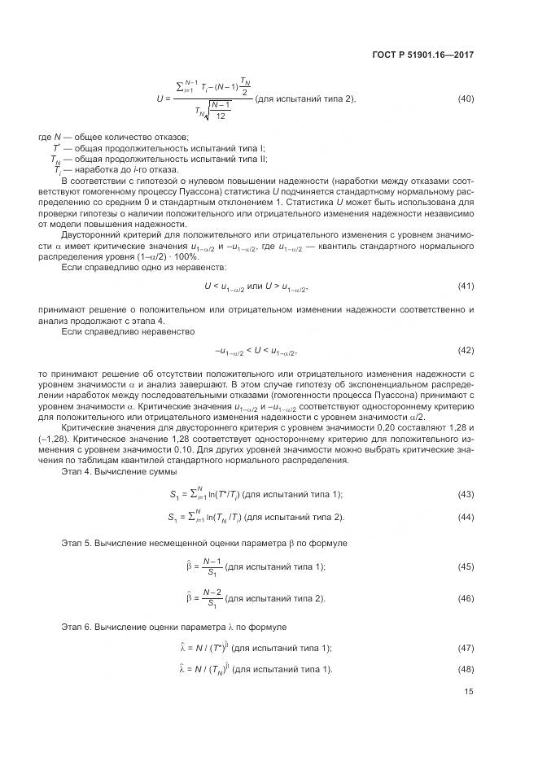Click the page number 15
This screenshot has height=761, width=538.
pyautogui.click(x=469, y=692)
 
